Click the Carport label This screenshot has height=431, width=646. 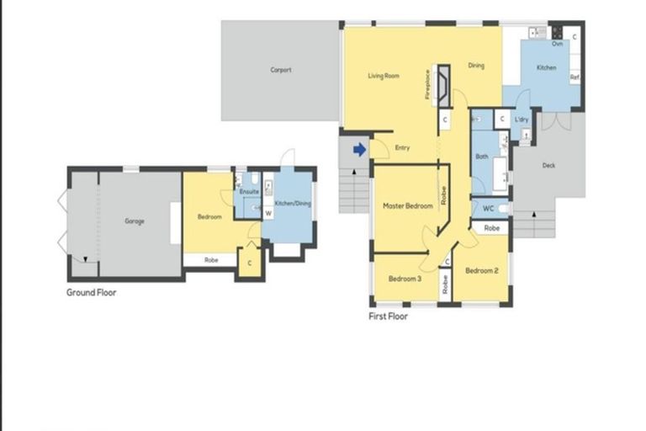coord(281,71)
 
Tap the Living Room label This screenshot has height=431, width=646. coord(383,76)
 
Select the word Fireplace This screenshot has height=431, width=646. coord(427,85)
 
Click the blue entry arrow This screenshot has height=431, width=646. coord(359,150)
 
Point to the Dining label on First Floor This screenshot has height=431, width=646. coord(476,66)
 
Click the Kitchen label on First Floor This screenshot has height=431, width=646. coord(546,67)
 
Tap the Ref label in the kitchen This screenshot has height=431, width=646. coord(575,77)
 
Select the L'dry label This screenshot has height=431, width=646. coord(522,120)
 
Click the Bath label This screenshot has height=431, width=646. coord(481,156)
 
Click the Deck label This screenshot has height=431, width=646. coord(548,166)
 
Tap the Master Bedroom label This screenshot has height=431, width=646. coord(407,206)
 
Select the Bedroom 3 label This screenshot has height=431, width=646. coord(405,279)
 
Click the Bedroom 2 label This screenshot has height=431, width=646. coord(482,270)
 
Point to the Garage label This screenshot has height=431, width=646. coord(135,221)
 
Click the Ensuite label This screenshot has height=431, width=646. coord(249,192)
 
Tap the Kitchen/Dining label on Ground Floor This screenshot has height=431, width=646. coord(293,204)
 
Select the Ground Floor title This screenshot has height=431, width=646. coord(92,293)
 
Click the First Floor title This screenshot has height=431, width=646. coord(388,317)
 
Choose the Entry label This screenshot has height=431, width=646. coord(402,149)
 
